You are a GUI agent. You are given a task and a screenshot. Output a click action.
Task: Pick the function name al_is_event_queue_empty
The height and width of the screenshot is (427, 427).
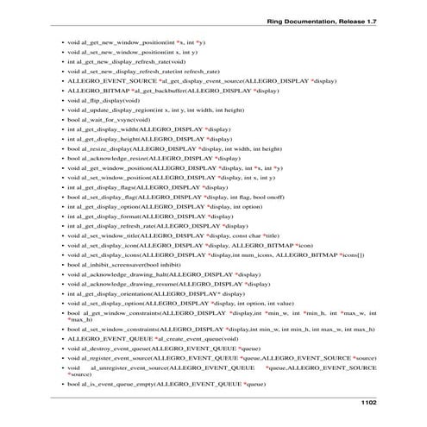point(120,382)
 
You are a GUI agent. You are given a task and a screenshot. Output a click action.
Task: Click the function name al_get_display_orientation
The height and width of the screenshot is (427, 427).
point(120,291)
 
